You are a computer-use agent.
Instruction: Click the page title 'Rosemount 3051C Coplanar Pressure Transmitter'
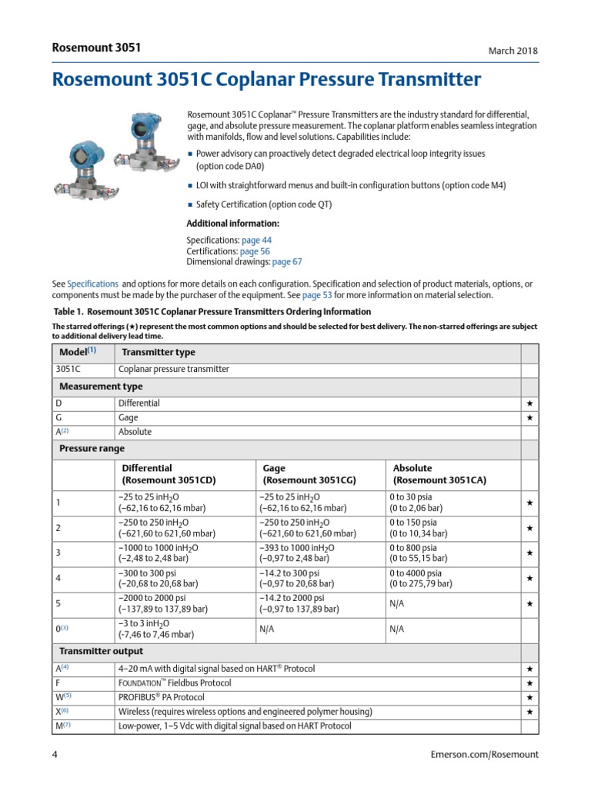coord(266,80)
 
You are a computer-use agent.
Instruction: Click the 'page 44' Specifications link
coord(255,241)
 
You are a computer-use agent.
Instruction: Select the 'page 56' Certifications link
coord(254,251)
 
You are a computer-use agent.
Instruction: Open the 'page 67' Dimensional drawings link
coord(287,262)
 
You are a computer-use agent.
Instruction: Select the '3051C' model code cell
coord(68,369)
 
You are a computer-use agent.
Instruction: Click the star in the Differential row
coord(529,403)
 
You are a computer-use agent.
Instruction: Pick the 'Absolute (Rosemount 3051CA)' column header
coord(439,473)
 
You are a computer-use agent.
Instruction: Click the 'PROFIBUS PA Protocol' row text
coord(161,697)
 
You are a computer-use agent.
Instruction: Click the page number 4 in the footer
coord(55,755)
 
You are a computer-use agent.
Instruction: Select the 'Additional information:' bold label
coord(233,224)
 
